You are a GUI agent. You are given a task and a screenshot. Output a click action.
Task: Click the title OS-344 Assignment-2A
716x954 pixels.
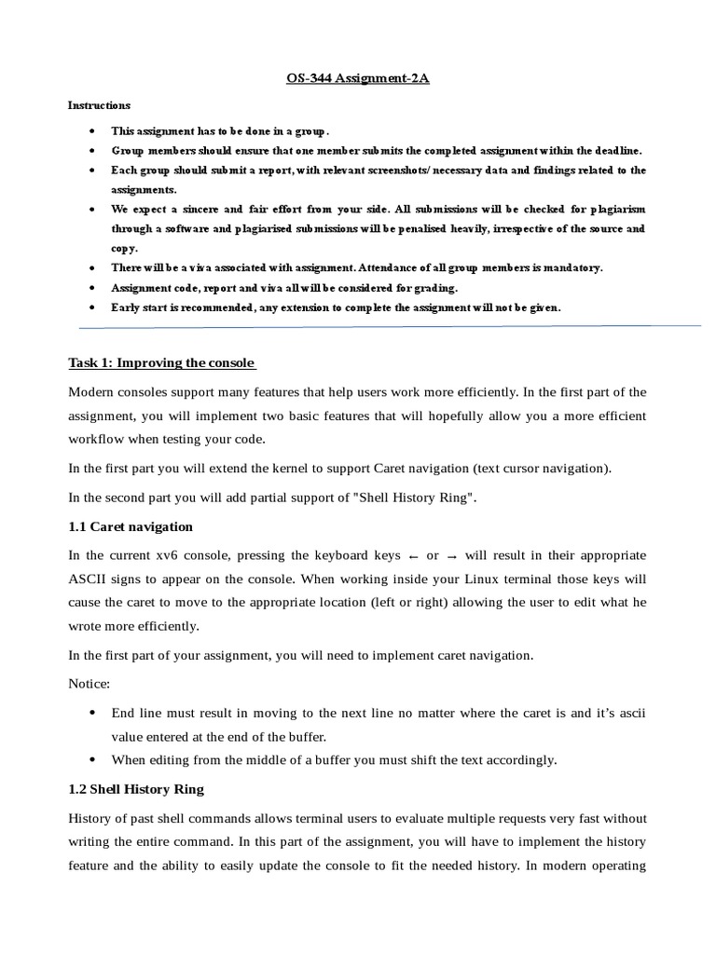[358, 81]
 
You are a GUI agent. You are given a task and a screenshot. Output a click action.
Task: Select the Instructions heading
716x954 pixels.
[99, 105]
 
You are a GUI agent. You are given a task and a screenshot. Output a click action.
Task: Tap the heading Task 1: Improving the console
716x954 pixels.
[162, 362]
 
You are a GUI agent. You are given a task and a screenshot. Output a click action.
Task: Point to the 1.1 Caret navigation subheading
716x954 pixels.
[131, 526]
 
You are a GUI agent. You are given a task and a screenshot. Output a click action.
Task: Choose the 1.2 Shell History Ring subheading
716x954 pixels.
[136, 789]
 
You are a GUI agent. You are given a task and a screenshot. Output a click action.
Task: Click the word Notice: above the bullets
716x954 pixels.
[89, 684]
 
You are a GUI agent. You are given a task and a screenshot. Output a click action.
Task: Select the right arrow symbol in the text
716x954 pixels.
[451, 556]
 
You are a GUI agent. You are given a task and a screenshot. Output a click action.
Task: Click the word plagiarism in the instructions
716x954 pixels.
[612, 209]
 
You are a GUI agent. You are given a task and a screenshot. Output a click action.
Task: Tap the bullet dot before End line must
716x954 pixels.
[90, 713]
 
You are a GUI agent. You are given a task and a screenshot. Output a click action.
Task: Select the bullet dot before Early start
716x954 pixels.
[90, 307]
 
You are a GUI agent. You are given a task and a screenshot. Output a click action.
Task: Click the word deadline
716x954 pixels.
[616, 150]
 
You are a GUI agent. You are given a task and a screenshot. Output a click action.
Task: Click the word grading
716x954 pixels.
[431, 287]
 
